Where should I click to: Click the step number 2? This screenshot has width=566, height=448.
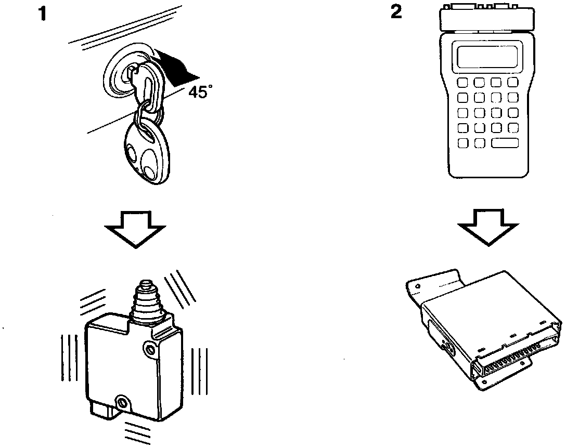coord(396,12)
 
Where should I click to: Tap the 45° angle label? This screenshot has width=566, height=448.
coord(200,93)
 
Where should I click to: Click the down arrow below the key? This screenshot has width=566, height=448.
coord(135,229)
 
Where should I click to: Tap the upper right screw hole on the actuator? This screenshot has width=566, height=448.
coord(151,348)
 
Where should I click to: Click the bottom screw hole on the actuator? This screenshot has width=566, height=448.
coord(123,402)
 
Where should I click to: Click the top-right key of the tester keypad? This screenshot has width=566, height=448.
coord(513,83)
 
